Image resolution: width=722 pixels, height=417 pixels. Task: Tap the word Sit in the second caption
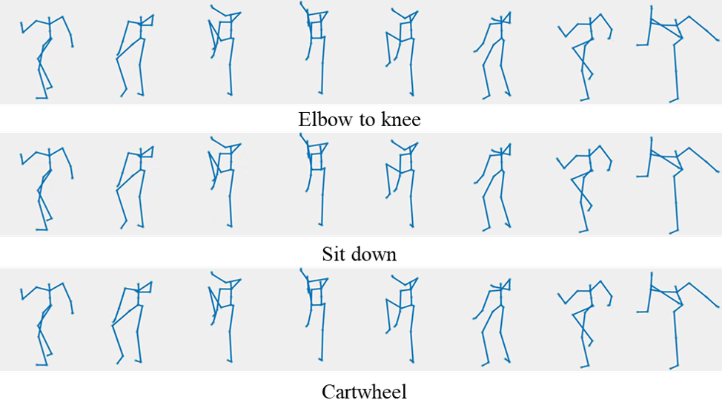coord(334,255)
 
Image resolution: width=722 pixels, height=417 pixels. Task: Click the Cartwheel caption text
coord(364,392)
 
